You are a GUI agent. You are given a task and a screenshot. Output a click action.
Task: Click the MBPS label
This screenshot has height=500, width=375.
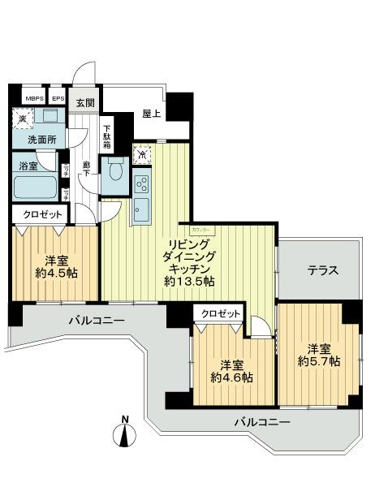click(35, 101)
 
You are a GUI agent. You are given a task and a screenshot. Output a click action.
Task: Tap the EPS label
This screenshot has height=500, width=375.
click(58, 101)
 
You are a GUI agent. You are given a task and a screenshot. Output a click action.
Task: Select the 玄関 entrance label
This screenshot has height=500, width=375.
click(85, 103)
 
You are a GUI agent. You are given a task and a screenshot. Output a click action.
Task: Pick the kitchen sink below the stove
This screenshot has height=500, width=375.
click(141, 208)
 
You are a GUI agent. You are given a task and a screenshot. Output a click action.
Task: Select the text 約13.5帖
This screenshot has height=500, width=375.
click(189, 282)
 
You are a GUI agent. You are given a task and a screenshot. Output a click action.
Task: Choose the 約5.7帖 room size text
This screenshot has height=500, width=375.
click(318, 360)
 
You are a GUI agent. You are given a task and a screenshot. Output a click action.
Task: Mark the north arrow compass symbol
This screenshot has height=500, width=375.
click(124, 435)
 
